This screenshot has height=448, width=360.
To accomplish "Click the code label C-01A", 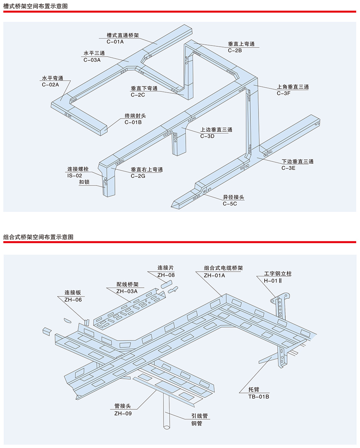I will (115, 41).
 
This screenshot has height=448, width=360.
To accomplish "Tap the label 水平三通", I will (94, 53).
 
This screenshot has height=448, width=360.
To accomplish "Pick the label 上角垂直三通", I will (293, 87).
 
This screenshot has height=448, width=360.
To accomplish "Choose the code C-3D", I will (207, 136).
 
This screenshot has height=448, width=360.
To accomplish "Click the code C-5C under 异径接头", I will (230, 204).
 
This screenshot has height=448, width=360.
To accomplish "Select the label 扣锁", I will (84, 182).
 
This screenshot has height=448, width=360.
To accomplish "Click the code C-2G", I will (138, 176).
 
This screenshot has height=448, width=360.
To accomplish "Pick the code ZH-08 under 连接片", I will (166, 275).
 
